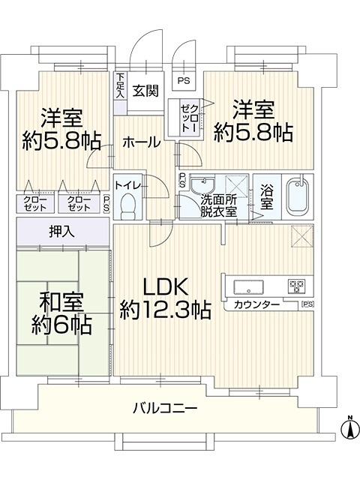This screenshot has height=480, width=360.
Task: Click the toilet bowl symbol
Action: [x=127, y=207]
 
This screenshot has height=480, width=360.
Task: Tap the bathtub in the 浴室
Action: [x=298, y=196]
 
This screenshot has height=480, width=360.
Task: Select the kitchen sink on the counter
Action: [x=248, y=287]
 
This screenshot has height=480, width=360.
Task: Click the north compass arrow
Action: [x=350, y=427]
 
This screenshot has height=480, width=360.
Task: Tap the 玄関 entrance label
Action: [x=145, y=91]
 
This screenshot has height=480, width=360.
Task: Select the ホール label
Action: [x=142, y=142]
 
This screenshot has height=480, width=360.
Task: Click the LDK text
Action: [x=166, y=288]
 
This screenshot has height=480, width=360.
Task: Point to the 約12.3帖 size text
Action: [x=166, y=310]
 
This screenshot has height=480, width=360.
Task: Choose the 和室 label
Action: [x=61, y=303]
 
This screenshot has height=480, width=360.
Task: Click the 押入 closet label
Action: [x=62, y=232]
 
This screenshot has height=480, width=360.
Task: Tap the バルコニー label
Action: [x=165, y=408]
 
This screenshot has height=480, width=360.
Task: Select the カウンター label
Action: [x=256, y=304]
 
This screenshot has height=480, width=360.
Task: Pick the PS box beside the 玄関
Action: [x=184, y=81]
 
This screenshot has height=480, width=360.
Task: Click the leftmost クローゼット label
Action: [x=35, y=203]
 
